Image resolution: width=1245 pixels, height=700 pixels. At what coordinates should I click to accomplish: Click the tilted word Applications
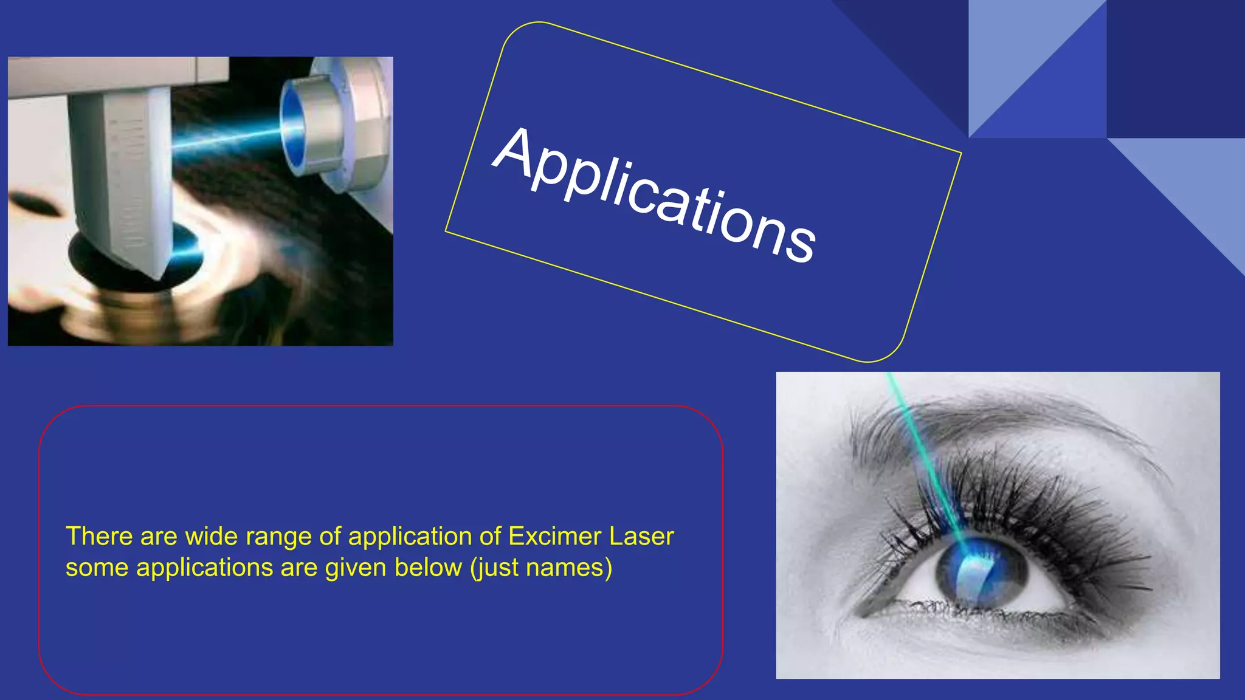(x=654, y=196)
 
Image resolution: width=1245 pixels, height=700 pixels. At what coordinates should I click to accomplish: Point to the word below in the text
(x=428, y=568)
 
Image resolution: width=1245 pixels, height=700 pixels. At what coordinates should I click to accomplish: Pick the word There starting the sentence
(x=98, y=537)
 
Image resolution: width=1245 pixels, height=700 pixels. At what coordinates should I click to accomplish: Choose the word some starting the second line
(x=97, y=568)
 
